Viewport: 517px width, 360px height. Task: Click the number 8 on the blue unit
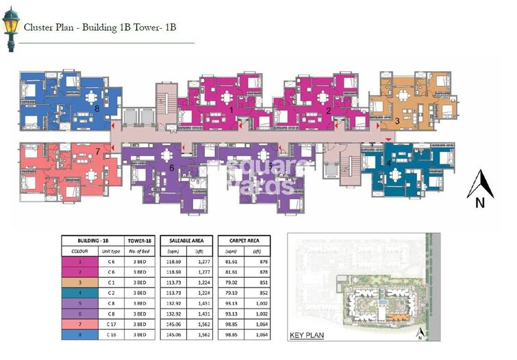(x=97, y=108)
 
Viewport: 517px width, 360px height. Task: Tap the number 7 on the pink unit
(x=98, y=151)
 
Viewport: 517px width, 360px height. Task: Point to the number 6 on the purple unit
(x=172, y=168)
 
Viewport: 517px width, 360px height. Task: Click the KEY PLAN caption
(x=306, y=335)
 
